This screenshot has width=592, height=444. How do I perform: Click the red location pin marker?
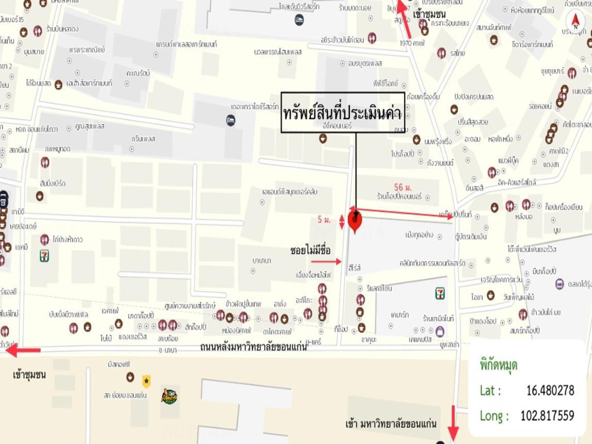click(x=355, y=220)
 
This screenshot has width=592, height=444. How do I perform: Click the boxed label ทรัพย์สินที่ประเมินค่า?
click(x=343, y=113)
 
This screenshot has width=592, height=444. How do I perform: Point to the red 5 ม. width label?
click(x=324, y=220)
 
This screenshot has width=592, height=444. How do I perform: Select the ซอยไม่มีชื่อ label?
click(x=310, y=250)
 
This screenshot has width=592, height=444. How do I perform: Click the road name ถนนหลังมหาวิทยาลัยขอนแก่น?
click(x=253, y=347)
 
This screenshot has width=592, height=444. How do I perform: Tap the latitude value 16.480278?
click(x=550, y=390)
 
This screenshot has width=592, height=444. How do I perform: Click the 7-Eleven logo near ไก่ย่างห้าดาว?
click(x=45, y=255)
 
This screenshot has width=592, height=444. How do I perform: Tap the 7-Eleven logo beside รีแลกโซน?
click(x=440, y=294)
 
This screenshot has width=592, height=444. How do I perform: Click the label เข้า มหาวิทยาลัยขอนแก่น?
click(x=391, y=424)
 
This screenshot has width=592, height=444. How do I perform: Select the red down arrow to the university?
click(x=453, y=423)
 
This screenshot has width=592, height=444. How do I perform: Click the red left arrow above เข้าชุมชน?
click(x=23, y=351)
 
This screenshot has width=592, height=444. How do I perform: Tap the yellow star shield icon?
click(x=147, y=382)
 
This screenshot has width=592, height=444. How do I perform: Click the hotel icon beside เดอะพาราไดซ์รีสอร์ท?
click(x=231, y=120)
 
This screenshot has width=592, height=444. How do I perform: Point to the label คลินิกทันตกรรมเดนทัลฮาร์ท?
click(x=433, y=263)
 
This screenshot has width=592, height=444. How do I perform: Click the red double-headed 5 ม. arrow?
click(x=341, y=221)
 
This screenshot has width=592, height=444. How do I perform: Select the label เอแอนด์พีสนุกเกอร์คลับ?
click(x=290, y=192)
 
